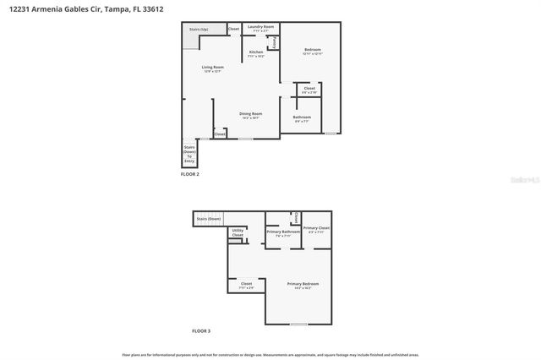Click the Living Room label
point(212,68)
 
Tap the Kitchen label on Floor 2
point(255,52)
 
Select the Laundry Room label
point(260,27)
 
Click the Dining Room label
point(250,114)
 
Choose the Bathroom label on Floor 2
point(302,117)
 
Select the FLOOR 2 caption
point(190,174)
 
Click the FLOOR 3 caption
point(201,330)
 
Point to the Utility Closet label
point(238,232)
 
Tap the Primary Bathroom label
point(283,232)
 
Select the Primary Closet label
point(317,228)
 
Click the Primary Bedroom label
point(303,284)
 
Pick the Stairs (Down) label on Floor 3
point(209,219)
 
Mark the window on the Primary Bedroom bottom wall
point(298,325)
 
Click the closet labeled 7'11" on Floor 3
point(246,285)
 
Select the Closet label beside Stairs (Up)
point(233,30)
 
